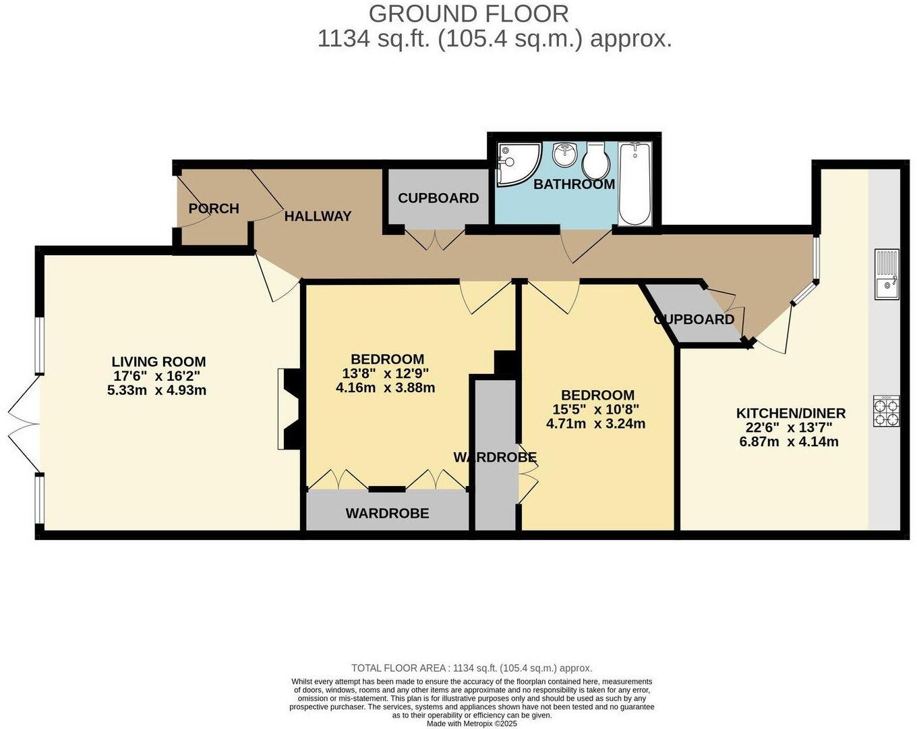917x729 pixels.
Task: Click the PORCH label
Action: pyautogui.click(x=214, y=209)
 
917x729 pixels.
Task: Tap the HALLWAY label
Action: pyautogui.click(x=318, y=216)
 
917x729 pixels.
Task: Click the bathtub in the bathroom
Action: pyautogui.click(x=634, y=183)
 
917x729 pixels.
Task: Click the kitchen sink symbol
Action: pyautogui.click(x=887, y=274)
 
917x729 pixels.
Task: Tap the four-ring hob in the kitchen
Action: pyautogui.click(x=887, y=411)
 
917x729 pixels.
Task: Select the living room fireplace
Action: pyautogui.click(x=287, y=408)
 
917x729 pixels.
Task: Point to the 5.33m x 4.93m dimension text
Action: pyautogui.click(x=156, y=390)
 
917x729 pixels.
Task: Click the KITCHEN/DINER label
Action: pyautogui.click(x=790, y=413)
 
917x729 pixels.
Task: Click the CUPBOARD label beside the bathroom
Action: pyautogui.click(x=438, y=198)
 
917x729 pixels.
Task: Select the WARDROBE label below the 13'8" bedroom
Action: pyautogui.click(x=387, y=513)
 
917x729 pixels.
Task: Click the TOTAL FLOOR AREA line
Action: pyautogui.click(x=471, y=668)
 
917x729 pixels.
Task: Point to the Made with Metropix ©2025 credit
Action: pyautogui.click(x=471, y=723)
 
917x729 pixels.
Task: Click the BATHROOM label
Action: pyautogui.click(x=574, y=184)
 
